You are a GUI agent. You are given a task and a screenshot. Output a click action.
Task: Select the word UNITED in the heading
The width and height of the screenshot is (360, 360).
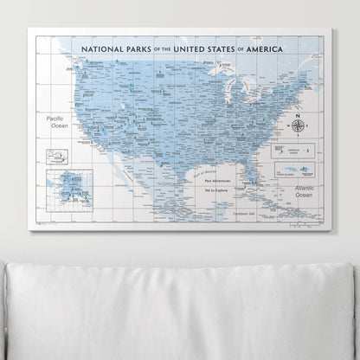[x=194, y=50]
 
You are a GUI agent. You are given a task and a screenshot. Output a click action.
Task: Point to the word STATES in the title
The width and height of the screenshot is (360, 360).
[x=239, y=50]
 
